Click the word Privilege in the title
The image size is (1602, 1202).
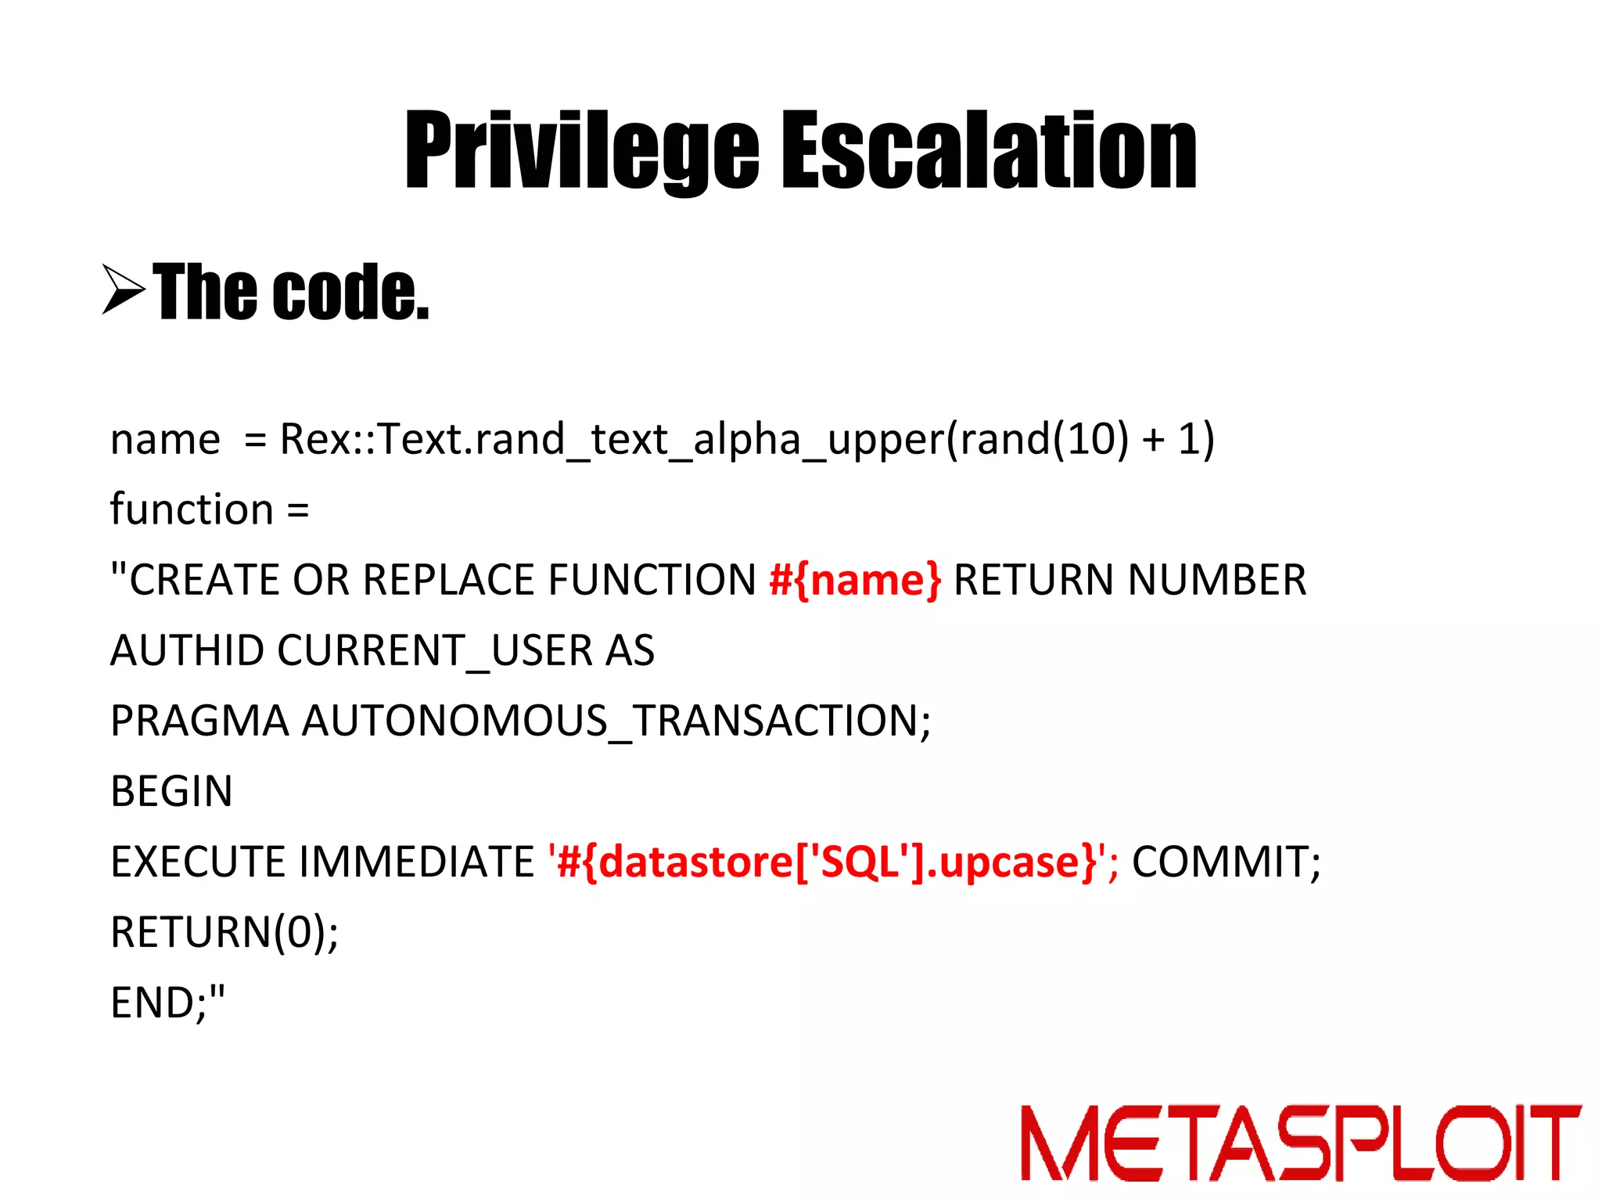tap(581, 150)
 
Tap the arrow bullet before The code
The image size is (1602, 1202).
tap(124, 290)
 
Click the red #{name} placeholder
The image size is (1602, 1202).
tap(855, 581)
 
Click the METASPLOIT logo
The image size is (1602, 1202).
tap(1300, 1143)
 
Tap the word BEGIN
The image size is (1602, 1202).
tap(171, 791)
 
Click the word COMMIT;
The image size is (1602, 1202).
tap(1226, 862)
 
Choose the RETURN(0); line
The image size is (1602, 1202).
tap(224, 932)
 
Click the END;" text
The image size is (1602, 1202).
tap(167, 1002)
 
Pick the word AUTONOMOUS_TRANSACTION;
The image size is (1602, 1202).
tap(616, 721)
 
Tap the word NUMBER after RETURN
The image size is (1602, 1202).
tap(1217, 581)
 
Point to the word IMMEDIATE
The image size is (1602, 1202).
tap(416, 862)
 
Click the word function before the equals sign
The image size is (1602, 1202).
tap(192, 509)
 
